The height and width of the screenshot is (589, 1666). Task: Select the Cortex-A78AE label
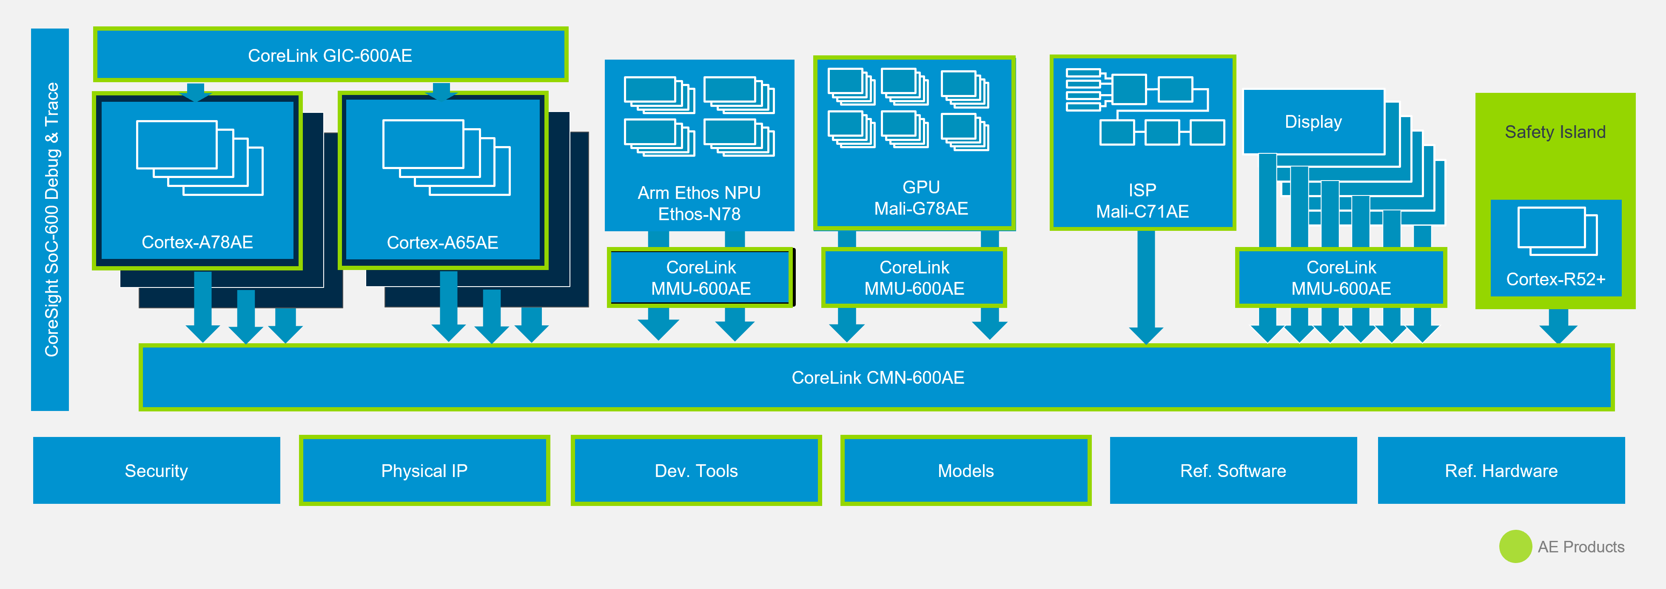197,242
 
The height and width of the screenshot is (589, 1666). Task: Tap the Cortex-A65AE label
442,243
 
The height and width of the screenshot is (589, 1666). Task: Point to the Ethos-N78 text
699,214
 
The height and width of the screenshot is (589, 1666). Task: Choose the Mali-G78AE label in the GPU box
921,208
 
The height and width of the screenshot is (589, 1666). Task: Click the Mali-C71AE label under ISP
1142,212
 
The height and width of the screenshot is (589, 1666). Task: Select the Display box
1313,122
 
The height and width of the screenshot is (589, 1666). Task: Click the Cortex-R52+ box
1555,249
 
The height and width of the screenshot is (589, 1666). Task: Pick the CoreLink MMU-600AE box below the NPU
701,278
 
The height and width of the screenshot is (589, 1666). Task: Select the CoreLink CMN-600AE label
877,378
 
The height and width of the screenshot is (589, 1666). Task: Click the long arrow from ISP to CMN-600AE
1146,285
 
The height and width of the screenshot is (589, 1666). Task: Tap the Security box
157,471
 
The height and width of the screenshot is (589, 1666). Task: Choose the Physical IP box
424,471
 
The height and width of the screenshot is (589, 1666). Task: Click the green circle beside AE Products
1515,546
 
